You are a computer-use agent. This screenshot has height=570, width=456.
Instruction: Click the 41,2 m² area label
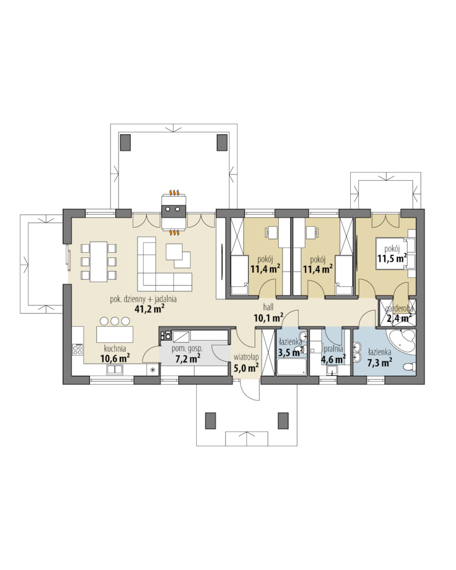[147, 309]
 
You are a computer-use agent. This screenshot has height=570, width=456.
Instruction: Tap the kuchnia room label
[115, 349]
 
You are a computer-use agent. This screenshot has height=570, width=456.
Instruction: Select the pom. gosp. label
[187, 349]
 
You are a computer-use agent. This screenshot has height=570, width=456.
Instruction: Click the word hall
[269, 308]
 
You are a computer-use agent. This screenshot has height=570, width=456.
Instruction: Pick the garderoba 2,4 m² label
[399, 313]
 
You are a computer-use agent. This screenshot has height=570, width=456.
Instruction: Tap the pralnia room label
[333, 349]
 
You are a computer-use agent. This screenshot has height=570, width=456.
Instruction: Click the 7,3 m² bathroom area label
[380, 362]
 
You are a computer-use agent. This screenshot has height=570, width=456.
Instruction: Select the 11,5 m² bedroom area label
[392, 258]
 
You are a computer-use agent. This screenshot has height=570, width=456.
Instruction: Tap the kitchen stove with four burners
[77, 349]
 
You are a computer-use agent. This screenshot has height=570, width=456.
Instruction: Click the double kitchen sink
[115, 370]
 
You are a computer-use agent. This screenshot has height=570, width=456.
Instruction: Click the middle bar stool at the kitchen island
[115, 321]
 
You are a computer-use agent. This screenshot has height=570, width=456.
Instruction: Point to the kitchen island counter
[115, 334]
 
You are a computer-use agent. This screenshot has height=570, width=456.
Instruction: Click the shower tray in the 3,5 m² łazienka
[292, 367]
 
